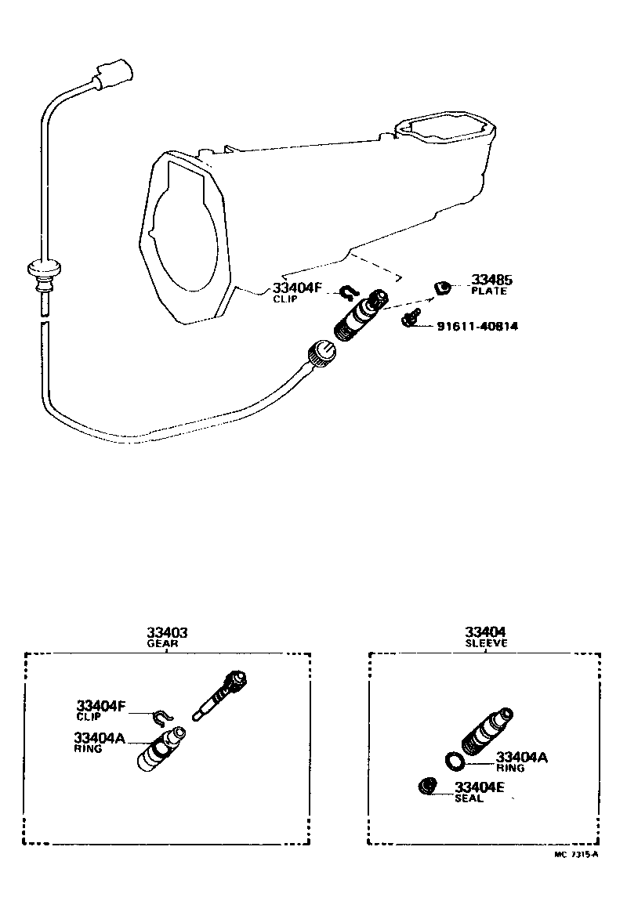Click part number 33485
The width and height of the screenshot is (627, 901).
coord(490,280)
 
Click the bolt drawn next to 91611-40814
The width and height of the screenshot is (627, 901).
coord(408,319)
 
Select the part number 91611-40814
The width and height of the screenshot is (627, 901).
coord(477,326)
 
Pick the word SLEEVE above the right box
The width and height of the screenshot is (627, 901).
coord(485,643)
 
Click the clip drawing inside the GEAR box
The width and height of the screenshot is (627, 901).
coord(161,715)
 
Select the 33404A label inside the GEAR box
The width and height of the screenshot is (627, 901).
coord(99,737)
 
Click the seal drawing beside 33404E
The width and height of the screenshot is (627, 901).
coord(428,786)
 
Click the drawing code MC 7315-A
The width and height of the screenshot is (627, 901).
coord(576,855)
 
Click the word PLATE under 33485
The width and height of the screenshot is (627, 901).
coord(489,291)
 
